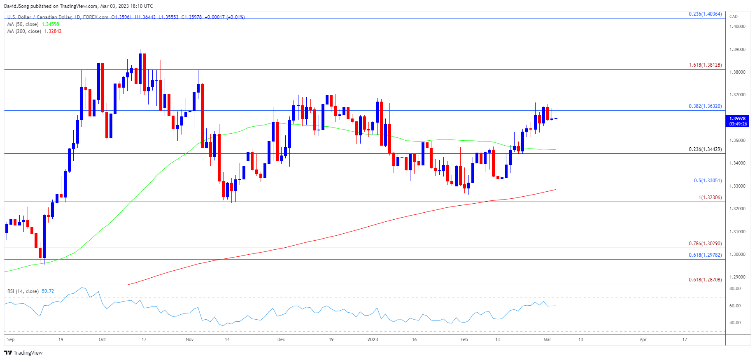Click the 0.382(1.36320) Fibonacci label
(x=705, y=106)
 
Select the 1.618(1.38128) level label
(x=705, y=65)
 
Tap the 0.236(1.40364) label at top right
(x=705, y=14)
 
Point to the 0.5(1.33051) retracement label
(x=707, y=181)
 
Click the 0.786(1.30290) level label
(x=705, y=244)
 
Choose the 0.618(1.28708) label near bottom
(x=705, y=280)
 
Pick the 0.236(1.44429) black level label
(x=705, y=149)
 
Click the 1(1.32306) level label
(x=710, y=197)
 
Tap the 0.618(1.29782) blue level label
(x=705, y=255)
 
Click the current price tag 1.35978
(x=737, y=119)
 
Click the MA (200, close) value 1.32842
(x=53, y=31)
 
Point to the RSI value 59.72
(x=48, y=291)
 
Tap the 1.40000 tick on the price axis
(x=737, y=26)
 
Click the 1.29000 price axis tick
(x=737, y=277)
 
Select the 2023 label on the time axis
(x=373, y=339)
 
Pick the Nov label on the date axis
(x=190, y=339)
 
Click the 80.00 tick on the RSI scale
(x=735, y=288)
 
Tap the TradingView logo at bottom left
(x=23, y=353)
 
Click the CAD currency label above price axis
(x=733, y=16)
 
